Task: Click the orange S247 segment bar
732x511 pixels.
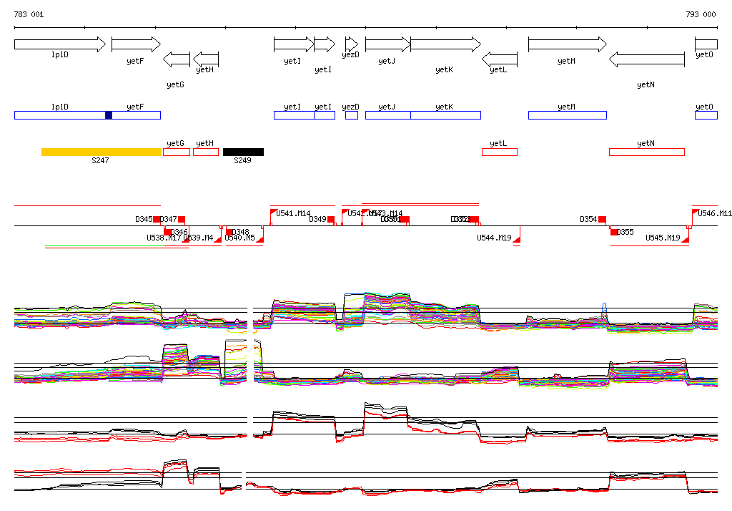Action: click(x=101, y=152)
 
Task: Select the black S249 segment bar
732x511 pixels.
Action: click(x=243, y=152)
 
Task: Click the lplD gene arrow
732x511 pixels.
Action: click(x=59, y=44)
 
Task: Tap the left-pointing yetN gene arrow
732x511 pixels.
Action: click(x=646, y=59)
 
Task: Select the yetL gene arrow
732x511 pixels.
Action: click(x=500, y=59)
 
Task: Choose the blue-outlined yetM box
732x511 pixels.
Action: click(x=567, y=115)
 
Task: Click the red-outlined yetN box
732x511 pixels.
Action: click(x=646, y=152)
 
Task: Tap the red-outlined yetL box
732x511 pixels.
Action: click(x=500, y=152)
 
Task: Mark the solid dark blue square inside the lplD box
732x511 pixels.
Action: click(x=109, y=115)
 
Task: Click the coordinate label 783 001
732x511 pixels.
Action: click(x=29, y=14)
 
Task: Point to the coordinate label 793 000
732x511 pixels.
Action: click(x=701, y=14)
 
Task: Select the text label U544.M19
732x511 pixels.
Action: click(x=494, y=238)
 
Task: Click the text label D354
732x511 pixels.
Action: click(x=588, y=219)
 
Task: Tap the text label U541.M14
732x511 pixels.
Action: click(x=294, y=213)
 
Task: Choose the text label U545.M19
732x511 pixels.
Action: click(x=663, y=238)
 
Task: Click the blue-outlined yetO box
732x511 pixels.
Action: click(x=706, y=115)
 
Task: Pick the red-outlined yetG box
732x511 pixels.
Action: click(x=177, y=152)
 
